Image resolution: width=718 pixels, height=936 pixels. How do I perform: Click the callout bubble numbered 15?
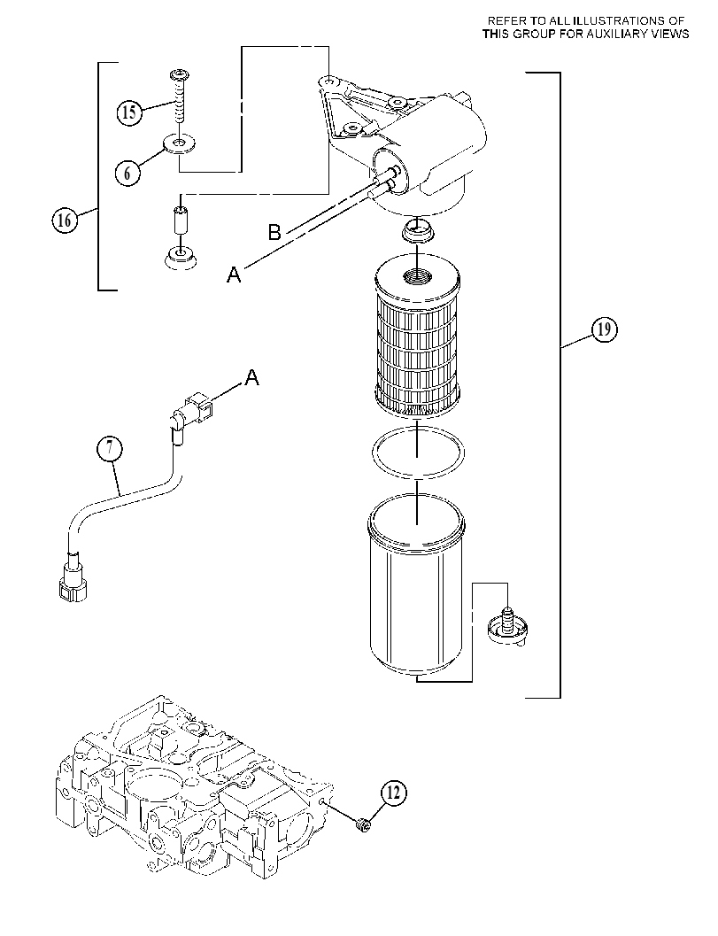(129, 112)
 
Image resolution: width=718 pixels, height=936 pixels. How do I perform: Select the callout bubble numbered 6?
(127, 173)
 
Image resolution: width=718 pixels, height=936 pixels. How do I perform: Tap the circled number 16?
(64, 220)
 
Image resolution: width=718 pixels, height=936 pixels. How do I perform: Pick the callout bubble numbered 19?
(604, 329)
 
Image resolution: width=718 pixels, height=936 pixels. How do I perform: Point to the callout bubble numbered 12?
(394, 793)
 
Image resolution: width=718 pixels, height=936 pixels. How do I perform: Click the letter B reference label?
(274, 232)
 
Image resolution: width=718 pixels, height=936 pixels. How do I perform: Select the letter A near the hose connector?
(251, 376)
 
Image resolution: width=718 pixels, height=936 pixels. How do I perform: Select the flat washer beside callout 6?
(180, 144)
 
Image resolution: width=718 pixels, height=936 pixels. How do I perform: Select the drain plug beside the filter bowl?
(507, 627)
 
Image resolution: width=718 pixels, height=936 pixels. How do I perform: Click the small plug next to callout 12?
(362, 824)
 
